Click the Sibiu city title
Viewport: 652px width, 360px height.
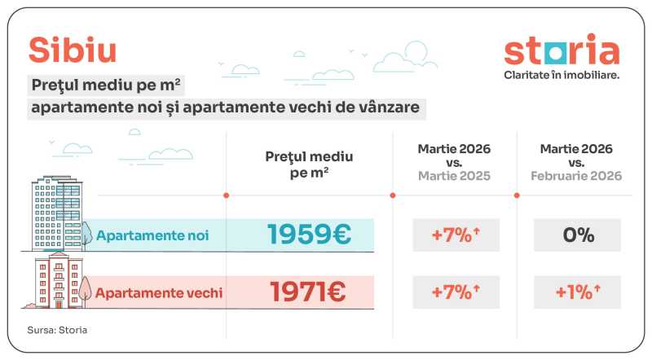pos(73,50)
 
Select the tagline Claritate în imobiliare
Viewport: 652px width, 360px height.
pos(562,75)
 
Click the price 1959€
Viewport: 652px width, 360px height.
pos(309,235)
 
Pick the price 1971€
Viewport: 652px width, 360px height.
pos(309,292)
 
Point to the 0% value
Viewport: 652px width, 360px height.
pos(577,235)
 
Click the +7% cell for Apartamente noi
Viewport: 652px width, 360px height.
pos(455,235)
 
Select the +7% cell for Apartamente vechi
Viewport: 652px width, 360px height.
pos(455,292)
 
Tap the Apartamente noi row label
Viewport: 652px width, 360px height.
pos(152,235)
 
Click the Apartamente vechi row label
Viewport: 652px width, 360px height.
pos(159,292)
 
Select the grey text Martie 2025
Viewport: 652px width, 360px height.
pos(455,176)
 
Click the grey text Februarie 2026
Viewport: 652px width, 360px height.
pos(577,176)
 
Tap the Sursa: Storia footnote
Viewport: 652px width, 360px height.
pos(57,330)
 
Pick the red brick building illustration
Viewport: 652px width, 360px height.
pos(59,281)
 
